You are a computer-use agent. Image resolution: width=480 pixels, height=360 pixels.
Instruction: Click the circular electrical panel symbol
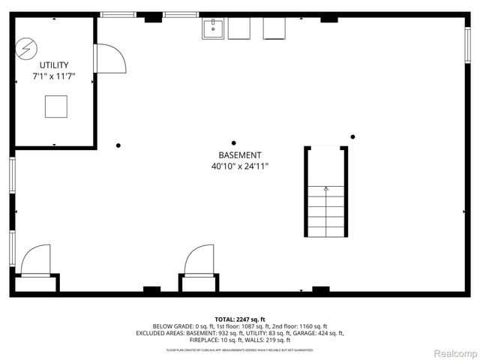(x=26, y=49)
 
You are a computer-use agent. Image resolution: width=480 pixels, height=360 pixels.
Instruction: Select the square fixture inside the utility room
(x=55, y=106)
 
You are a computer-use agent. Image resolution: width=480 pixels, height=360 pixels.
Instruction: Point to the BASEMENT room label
(x=239, y=155)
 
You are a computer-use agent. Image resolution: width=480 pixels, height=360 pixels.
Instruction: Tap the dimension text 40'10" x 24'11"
(x=239, y=166)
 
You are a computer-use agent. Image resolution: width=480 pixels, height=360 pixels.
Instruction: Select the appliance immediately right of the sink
(x=238, y=28)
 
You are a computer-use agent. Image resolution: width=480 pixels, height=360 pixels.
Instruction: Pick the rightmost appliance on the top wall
(x=274, y=28)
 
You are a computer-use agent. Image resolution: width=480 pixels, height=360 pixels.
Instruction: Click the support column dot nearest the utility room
(x=118, y=145)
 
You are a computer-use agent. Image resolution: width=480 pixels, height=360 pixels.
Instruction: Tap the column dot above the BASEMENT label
(x=234, y=142)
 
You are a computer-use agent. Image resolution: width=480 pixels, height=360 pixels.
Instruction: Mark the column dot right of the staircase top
(x=352, y=136)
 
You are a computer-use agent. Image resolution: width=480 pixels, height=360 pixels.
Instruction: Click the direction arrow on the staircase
(x=325, y=190)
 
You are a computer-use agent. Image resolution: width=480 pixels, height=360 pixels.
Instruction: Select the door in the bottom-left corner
(x=35, y=262)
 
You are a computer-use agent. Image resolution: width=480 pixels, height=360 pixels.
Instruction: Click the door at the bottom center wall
(x=199, y=262)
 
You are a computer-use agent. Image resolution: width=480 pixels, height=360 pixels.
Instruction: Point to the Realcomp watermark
(x=455, y=353)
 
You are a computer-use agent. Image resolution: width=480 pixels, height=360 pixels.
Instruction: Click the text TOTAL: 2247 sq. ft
(x=239, y=319)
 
